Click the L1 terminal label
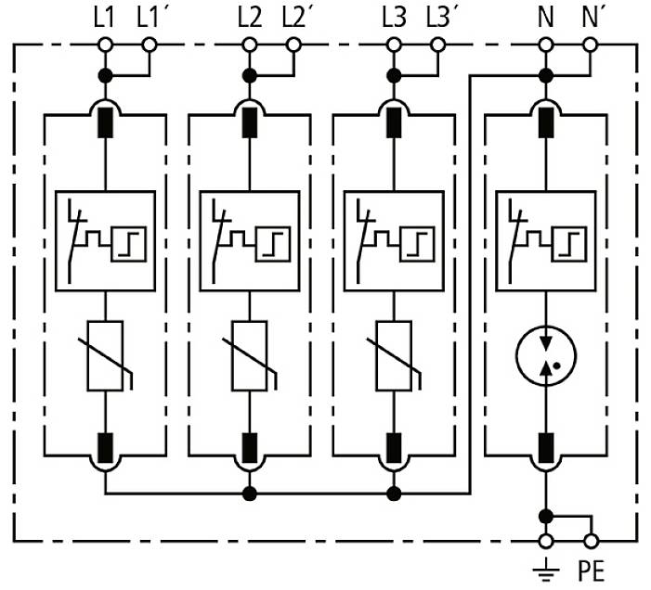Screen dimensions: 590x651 104,16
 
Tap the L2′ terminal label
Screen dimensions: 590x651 293,16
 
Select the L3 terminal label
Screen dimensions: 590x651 393,16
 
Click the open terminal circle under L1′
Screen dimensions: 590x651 149,45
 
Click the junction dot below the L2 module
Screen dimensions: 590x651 249,493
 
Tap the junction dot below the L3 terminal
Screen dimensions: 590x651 393,74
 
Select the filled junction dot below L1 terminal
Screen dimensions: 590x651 105,74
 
